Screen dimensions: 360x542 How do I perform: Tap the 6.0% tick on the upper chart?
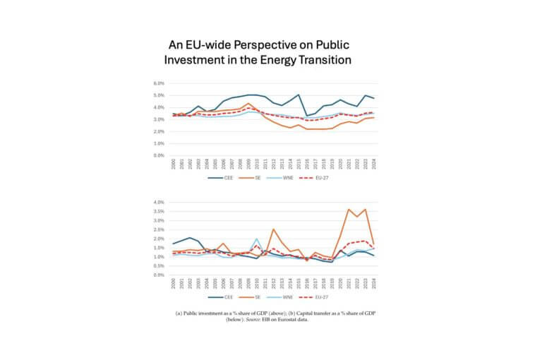pos(159,83)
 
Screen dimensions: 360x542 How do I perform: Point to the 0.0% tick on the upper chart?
pos(159,155)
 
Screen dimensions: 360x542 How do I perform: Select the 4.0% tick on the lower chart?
pos(159,202)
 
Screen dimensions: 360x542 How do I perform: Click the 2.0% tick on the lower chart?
pos(159,239)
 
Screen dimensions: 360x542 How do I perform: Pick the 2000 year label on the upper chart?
pos(174,164)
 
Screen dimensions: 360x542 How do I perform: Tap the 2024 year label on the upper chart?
pos(373,164)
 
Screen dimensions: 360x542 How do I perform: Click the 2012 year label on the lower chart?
pos(274,284)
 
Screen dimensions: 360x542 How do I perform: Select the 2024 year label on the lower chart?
pos(373,284)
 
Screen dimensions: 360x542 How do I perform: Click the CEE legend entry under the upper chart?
pos(225,179)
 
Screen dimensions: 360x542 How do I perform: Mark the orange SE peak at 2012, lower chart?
pos(274,229)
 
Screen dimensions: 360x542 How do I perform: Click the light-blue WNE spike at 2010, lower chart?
pos(257,239)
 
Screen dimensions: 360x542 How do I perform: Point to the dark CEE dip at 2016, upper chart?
pos(307,116)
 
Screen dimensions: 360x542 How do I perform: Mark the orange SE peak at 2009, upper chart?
pos(248,103)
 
